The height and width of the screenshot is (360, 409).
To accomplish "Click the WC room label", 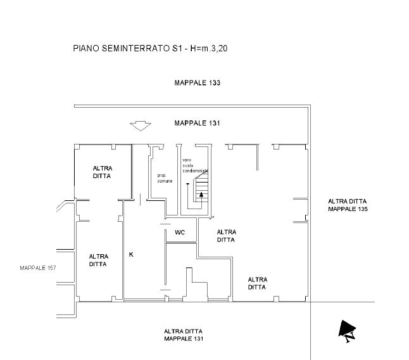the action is (180, 232).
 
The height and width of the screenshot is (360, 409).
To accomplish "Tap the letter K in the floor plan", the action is (131, 254).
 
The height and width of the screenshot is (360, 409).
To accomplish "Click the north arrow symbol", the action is (347, 328).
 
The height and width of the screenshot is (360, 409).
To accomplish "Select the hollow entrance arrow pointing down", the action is (141, 126).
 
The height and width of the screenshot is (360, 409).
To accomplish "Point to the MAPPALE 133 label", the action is (197, 83).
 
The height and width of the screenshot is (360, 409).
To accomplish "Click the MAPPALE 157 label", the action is (38, 268).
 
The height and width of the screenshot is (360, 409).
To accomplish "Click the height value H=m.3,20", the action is (209, 48).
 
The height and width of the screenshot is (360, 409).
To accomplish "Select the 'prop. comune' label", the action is (165, 178).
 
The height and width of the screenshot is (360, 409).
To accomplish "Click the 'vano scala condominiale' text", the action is (195, 165).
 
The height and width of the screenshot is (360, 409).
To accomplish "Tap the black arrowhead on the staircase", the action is (201, 194).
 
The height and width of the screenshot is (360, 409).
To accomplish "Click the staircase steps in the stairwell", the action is (201, 188).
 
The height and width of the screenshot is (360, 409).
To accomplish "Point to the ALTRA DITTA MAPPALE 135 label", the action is (348, 205).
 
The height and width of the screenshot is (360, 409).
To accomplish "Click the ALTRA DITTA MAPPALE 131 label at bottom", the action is (184, 335).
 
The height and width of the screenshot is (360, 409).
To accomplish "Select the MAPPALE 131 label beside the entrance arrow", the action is (197, 123).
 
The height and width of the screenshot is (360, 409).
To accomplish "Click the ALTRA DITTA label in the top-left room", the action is (103, 172).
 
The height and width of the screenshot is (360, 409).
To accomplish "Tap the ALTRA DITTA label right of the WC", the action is (227, 236).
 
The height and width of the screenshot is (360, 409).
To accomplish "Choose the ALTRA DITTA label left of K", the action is (98, 260).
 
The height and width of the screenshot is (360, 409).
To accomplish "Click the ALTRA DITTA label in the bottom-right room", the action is (258, 283).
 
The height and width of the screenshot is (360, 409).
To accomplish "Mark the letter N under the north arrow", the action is (350, 337).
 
